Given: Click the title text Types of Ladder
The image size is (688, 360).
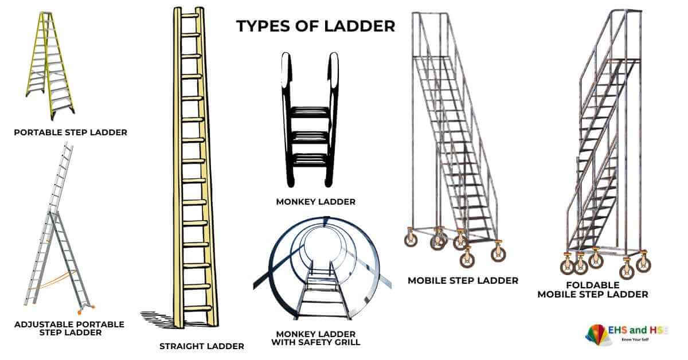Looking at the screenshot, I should click(x=316, y=26).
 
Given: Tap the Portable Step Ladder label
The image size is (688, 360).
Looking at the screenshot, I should click(x=71, y=132).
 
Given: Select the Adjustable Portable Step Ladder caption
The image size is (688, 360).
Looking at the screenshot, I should click(x=69, y=328).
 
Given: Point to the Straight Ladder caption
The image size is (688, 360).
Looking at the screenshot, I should click(x=202, y=346).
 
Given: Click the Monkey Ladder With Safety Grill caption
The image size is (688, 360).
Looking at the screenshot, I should click(x=316, y=338).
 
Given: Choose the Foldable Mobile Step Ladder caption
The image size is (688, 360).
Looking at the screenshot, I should click(x=592, y=289).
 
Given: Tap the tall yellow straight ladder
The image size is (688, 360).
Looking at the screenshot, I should click(x=193, y=166).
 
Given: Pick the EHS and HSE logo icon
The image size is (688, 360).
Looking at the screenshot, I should click(x=598, y=334).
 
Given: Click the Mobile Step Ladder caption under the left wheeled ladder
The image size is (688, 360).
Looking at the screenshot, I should click(x=463, y=280).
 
